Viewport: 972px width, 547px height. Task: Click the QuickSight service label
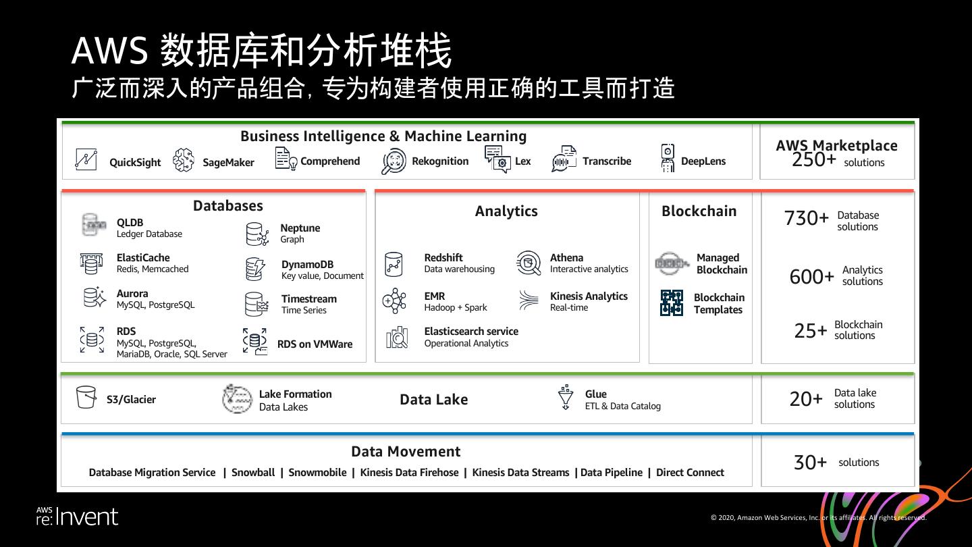click(135, 162)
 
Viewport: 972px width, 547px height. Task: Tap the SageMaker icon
click(184, 160)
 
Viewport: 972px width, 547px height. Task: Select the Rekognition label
click(440, 161)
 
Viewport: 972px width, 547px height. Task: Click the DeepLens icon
click(668, 159)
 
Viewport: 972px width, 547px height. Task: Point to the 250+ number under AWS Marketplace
click(814, 160)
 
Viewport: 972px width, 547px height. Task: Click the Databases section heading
click(228, 206)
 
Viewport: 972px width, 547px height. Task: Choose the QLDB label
click(130, 222)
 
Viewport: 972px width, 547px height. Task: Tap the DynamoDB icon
click(255, 269)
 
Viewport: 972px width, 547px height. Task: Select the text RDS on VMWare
click(315, 344)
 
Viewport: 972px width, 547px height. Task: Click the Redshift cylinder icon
click(394, 264)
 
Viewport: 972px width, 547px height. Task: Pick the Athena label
click(566, 257)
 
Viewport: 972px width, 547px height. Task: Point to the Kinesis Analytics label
click(589, 296)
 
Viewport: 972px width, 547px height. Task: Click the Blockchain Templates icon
click(672, 303)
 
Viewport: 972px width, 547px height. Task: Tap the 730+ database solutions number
click(806, 218)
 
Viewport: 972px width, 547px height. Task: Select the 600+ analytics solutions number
click(811, 276)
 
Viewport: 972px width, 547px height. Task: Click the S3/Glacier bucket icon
click(86, 397)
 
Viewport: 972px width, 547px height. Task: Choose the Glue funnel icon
click(566, 398)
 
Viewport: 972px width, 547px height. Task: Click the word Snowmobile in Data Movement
click(317, 473)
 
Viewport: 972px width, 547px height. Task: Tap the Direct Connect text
click(690, 473)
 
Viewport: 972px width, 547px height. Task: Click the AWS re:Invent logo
click(77, 517)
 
